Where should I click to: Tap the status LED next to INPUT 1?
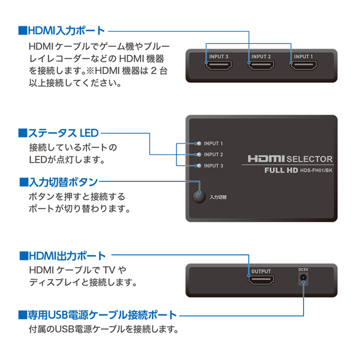199,144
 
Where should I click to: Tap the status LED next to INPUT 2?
199,155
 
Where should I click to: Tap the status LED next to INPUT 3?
199,166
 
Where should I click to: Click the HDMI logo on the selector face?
266,160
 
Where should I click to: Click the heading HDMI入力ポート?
62,29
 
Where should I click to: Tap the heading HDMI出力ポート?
62,256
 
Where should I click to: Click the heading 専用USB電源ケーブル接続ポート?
98,314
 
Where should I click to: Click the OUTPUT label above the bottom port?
261,271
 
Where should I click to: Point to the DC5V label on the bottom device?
303,270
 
